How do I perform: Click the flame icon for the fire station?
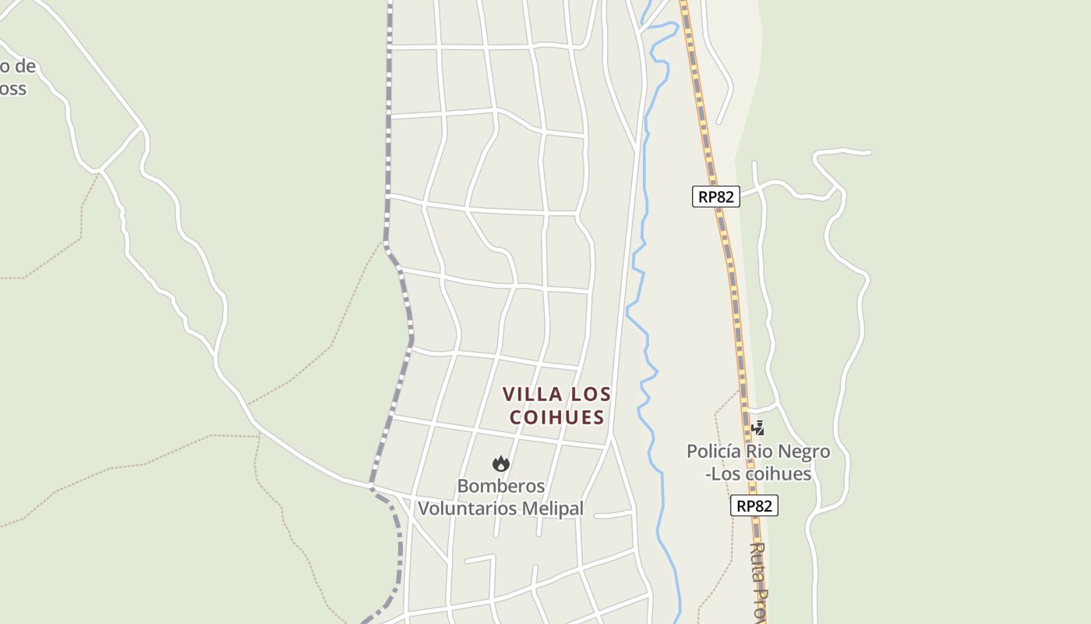point(500,464)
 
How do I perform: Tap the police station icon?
point(757,427)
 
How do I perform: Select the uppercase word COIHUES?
point(557,417)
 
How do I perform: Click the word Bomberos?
point(500,486)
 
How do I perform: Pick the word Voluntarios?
point(465,509)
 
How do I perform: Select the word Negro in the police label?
point(805,452)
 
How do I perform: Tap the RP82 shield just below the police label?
point(754,505)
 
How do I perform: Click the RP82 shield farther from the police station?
point(715,197)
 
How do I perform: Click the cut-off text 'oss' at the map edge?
point(12,89)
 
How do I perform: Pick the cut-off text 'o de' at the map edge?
point(17,67)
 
